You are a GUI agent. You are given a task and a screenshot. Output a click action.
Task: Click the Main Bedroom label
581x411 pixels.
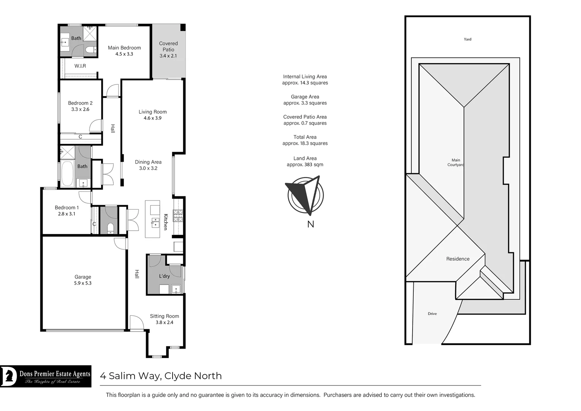[124, 48]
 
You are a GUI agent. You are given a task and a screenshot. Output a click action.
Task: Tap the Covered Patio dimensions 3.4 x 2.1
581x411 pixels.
[168, 56]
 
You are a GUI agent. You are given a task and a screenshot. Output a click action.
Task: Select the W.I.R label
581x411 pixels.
[80, 66]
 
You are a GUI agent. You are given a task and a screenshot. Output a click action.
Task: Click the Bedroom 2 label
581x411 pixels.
[80, 103]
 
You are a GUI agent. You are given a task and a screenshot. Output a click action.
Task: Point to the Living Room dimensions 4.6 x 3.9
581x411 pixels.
[152, 118]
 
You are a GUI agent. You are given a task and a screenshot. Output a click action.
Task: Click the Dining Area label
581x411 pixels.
[148, 162]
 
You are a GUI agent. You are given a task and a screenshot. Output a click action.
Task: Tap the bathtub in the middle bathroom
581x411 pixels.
[67, 174]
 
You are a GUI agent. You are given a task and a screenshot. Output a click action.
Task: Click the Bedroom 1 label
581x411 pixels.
[67, 207]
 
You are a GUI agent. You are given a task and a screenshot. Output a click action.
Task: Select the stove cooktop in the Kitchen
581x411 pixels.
[178, 216]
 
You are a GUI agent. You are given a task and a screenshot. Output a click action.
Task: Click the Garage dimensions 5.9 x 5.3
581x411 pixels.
[83, 283]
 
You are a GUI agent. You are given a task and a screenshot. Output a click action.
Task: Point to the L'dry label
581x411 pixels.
[164, 276]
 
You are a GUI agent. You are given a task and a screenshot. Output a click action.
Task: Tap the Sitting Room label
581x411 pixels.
[164, 316]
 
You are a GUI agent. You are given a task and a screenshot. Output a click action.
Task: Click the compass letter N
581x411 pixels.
[311, 224]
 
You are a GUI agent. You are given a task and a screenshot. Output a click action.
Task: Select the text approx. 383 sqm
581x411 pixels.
[305, 165]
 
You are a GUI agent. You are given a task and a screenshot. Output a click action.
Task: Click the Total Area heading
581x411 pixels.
[305, 137]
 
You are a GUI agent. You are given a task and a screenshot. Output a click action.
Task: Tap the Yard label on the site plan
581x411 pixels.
[467, 39]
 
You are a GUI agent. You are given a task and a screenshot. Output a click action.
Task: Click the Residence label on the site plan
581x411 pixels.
[458, 259]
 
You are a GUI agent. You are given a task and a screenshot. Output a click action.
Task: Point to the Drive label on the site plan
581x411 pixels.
[432, 314]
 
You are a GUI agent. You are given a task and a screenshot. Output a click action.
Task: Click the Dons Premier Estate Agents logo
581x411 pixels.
[46, 376]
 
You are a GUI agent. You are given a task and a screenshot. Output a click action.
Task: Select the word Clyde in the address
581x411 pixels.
[178, 376]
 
